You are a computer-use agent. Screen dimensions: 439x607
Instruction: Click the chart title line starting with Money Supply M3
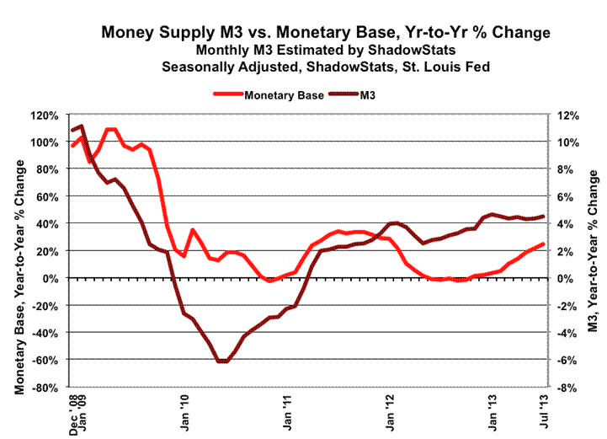[325, 33]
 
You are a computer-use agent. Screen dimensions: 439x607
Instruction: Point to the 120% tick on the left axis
[45, 115]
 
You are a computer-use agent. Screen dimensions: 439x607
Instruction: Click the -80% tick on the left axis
[45, 388]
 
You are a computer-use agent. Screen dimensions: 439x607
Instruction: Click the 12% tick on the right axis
[562, 115]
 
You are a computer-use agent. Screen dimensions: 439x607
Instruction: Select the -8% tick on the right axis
[562, 388]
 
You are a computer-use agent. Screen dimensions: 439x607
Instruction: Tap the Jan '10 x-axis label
[184, 414]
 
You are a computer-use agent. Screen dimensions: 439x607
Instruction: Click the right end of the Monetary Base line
[543, 244]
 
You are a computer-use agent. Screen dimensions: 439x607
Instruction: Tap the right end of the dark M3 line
[543, 217]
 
